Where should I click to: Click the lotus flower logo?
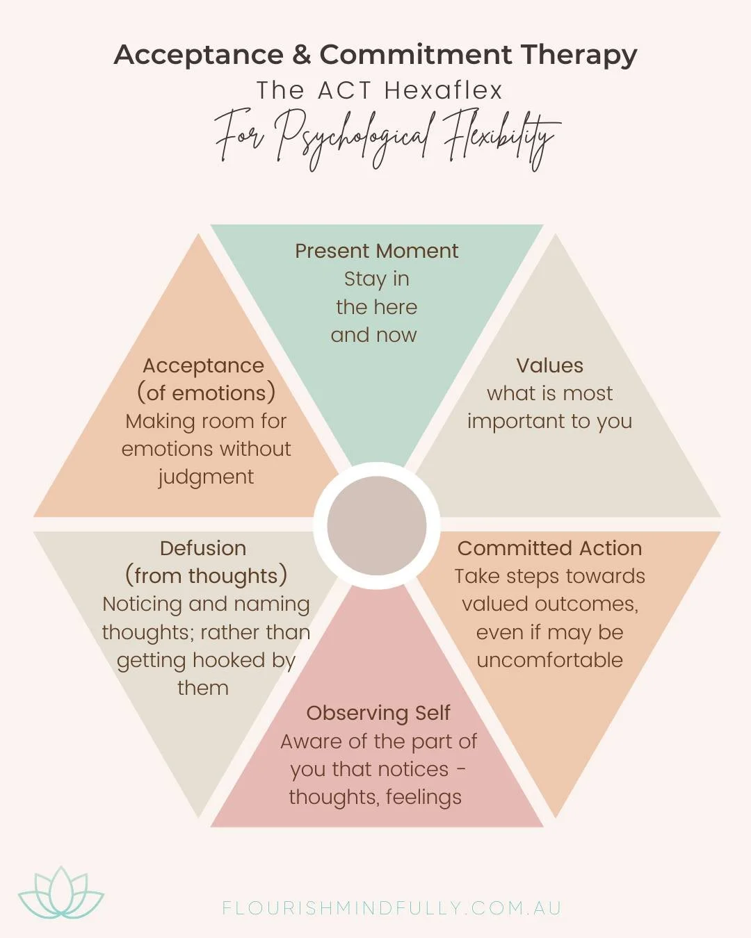pos(61,895)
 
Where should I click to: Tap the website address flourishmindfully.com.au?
pos(391,908)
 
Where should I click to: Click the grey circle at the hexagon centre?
pos(376,525)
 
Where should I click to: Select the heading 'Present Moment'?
pos(376,251)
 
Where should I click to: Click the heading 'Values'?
pos(549,365)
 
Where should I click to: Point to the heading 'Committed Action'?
pos(549,548)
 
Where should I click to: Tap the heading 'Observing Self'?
pos(378,713)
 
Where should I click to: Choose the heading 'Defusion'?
pos(203,548)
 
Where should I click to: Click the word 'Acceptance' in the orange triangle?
pos(203,365)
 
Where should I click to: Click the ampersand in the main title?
pos(301,54)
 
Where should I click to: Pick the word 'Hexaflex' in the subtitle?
pos(443,90)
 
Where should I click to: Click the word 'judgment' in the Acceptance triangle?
pos(206,477)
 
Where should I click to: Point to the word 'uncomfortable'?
pos(549,660)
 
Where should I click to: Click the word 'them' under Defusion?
pos(203,688)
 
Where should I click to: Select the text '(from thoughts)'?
pos(206,576)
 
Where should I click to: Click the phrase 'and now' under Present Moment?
pos(374,335)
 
